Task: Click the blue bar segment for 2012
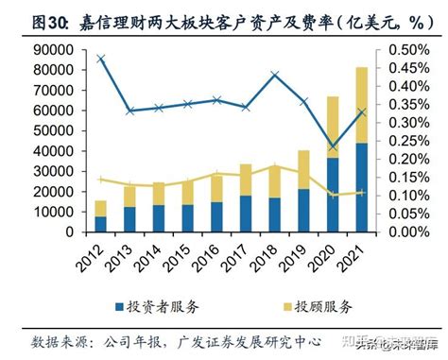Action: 100,223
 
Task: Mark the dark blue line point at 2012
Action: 100,58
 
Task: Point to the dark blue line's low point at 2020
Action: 333,147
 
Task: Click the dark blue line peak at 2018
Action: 274,75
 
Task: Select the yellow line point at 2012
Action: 100,179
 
